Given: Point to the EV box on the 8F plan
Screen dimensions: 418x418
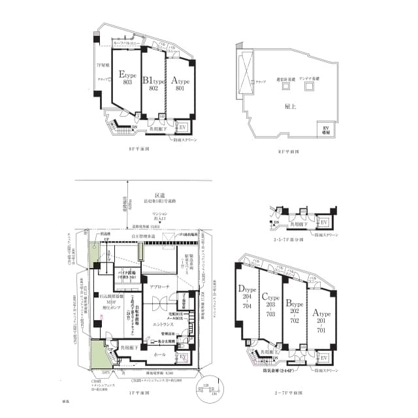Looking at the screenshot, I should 183,127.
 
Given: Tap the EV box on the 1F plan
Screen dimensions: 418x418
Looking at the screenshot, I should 184,357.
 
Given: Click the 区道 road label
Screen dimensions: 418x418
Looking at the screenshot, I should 159,195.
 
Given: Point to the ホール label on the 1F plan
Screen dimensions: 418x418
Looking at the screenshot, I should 159,353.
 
